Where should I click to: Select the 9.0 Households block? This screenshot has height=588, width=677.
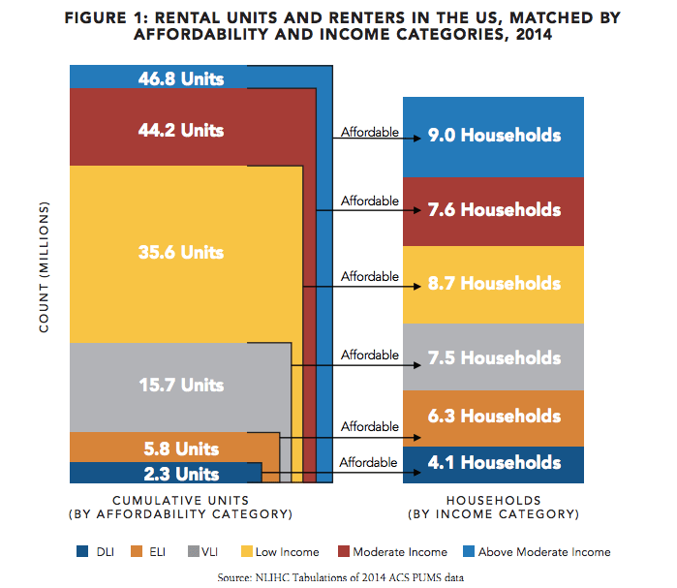[494, 136]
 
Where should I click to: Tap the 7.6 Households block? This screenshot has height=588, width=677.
[494, 210]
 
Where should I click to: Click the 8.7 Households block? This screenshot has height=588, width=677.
[494, 284]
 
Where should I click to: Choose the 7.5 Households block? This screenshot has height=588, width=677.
[494, 357]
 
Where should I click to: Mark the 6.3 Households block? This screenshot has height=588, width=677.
[494, 418]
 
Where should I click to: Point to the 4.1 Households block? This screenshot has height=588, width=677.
[494, 464]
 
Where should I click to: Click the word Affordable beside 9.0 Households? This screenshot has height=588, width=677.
[370, 132]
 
